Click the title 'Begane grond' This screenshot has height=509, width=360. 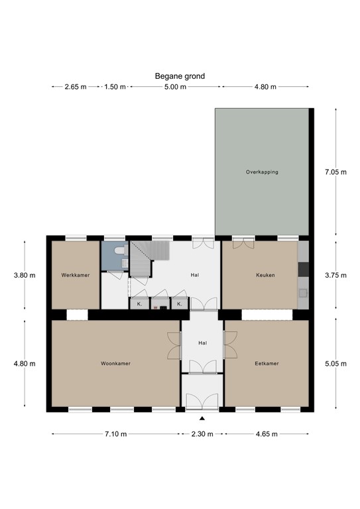point(180,76)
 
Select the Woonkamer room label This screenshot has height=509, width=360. point(115,364)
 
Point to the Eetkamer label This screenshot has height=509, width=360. point(267,364)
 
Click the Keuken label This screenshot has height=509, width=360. point(265,275)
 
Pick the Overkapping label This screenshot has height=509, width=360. point(262,172)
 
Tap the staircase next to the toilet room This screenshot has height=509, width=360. point(141,258)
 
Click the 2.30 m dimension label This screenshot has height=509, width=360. point(202,434)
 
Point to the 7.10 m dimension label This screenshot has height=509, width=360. point(115,434)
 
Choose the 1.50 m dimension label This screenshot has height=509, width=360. point(115,87)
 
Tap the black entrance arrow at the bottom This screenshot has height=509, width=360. point(202,418)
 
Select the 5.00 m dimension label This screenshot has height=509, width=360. point(176,87)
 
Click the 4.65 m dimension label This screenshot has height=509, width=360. point(267,434)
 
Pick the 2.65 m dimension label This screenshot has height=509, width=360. point(75,87)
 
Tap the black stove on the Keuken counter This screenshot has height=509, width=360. point(303,269)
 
